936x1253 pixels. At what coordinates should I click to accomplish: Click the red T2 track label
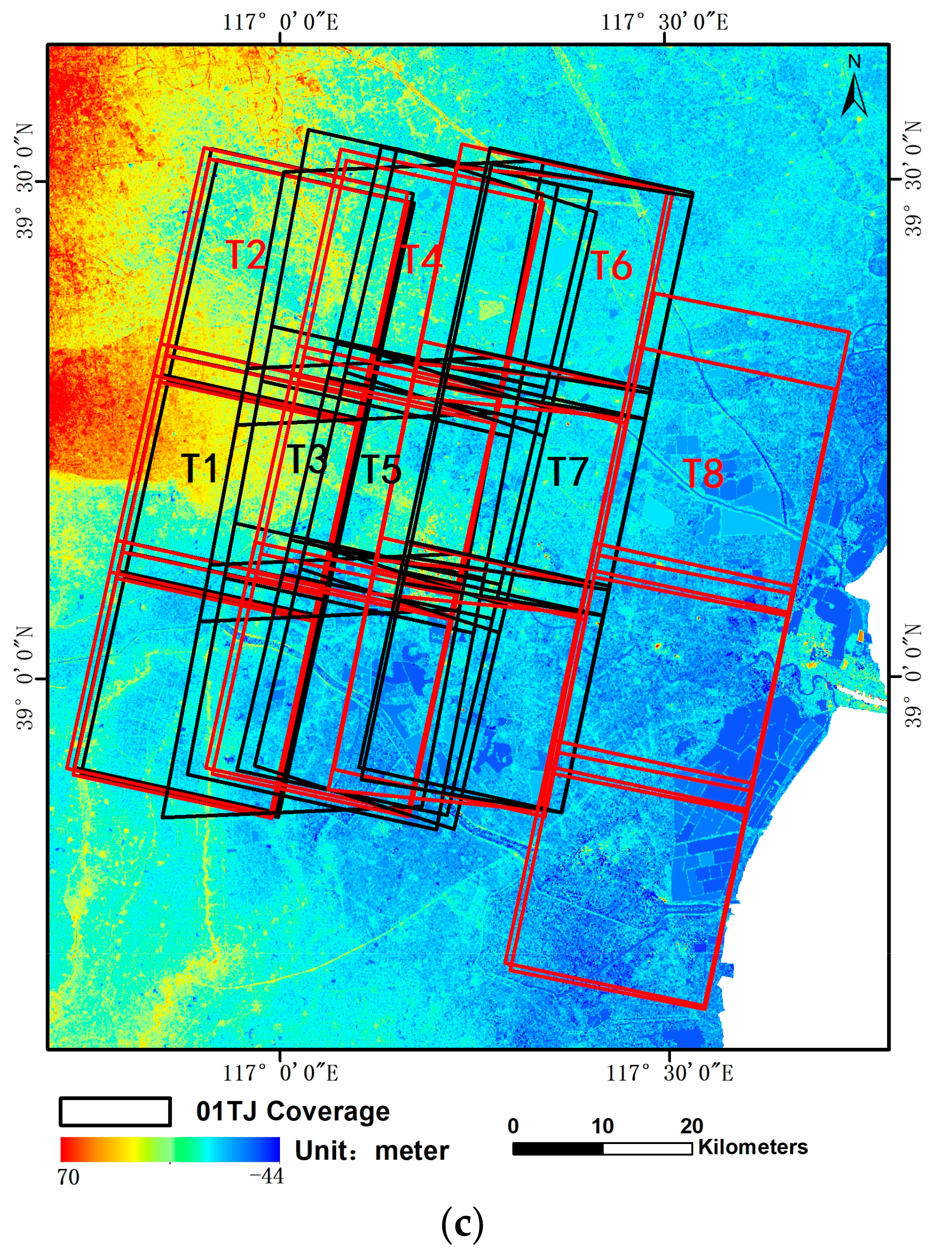pyautogui.click(x=246, y=255)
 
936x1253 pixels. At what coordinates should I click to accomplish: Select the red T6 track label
pyautogui.click(x=612, y=265)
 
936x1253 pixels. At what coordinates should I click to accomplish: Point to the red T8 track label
pyautogui.click(x=704, y=473)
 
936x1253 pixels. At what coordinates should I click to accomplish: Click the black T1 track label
pyautogui.click(x=201, y=468)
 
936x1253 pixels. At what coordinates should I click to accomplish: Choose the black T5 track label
pyautogui.click(x=381, y=469)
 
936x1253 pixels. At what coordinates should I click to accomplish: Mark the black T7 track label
pyautogui.click(x=568, y=472)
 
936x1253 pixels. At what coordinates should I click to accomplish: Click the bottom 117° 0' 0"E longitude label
pyautogui.click(x=280, y=1073)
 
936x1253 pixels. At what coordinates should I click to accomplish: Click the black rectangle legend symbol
pyautogui.click(x=115, y=1111)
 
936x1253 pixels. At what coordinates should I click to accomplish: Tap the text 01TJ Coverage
pyautogui.click(x=293, y=1111)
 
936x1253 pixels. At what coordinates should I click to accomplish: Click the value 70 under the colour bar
pyautogui.click(x=69, y=1177)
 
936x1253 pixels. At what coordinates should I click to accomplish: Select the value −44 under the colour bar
pyautogui.click(x=266, y=1176)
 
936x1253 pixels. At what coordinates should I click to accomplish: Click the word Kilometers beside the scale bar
pyautogui.click(x=753, y=1147)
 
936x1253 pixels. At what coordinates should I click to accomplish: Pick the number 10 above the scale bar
pyautogui.click(x=602, y=1126)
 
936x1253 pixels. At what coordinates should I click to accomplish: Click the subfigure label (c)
pyautogui.click(x=462, y=1224)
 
